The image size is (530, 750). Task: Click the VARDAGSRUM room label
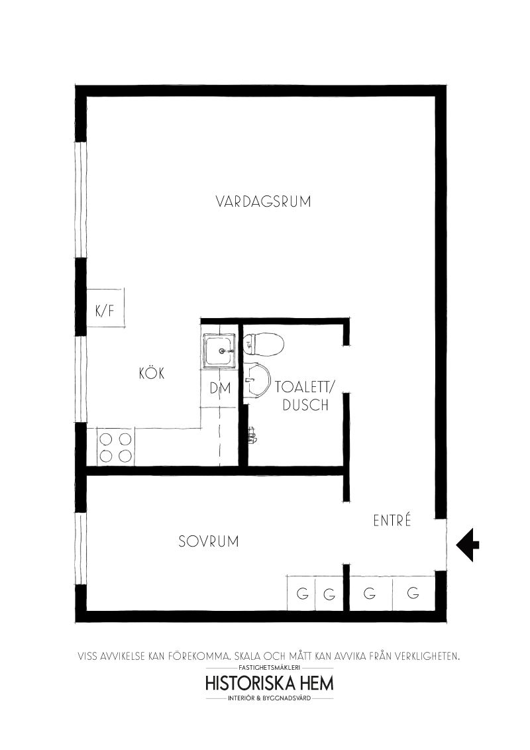[x=263, y=201]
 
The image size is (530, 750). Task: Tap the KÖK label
[x=152, y=372]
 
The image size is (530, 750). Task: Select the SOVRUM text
[x=209, y=541]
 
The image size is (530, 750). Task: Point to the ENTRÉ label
[x=392, y=520]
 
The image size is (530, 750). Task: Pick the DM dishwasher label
[x=221, y=388]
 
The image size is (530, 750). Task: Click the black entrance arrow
[x=467, y=545]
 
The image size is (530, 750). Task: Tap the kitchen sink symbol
[x=219, y=351]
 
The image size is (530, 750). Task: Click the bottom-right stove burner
[x=125, y=456]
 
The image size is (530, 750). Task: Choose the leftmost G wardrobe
[x=301, y=592]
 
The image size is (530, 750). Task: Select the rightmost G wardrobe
[x=413, y=592]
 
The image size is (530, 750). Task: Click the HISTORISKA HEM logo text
[x=269, y=683]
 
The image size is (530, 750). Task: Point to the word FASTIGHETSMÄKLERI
[x=269, y=667]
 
